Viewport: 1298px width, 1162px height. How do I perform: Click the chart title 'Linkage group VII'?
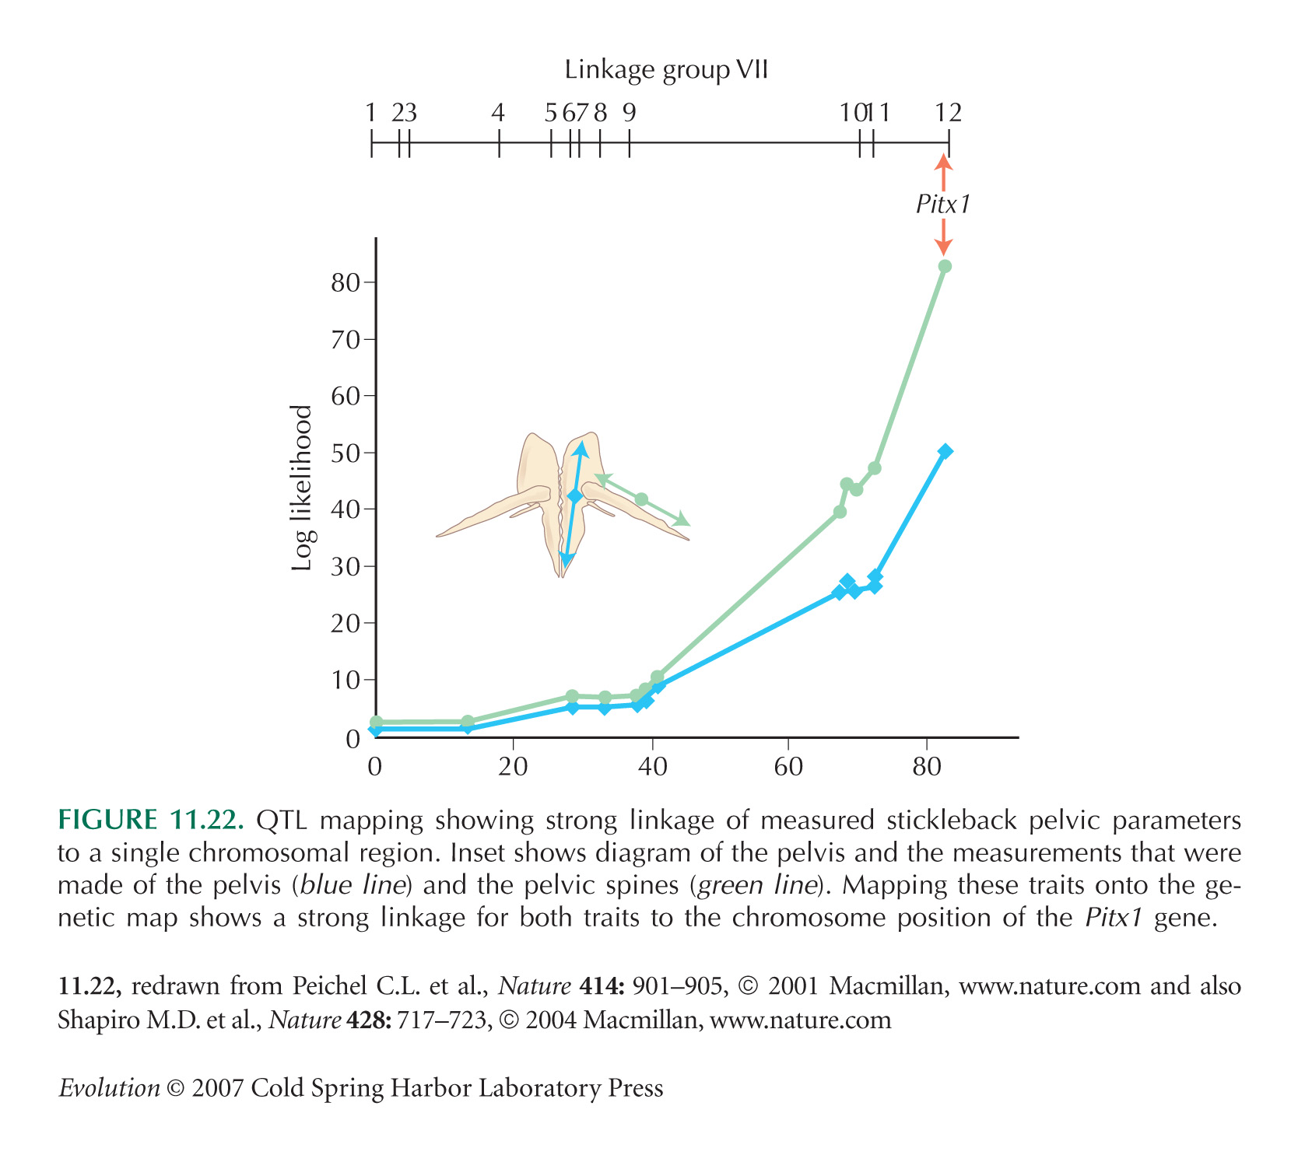click(x=666, y=71)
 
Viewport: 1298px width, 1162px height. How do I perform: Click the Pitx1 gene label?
click(x=943, y=205)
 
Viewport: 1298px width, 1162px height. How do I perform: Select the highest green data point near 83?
click(x=945, y=267)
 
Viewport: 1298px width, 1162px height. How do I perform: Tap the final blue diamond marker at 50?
click(x=945, y=452)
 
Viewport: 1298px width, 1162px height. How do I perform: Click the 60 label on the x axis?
click(x=788, y=768)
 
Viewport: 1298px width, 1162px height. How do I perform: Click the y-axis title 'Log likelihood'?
click(x=302, y=488)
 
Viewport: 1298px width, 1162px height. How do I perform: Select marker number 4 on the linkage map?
click(x=498, y=114)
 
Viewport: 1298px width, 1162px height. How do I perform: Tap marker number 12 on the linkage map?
click(x=948, y=114)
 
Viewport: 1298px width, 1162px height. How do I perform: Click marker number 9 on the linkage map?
click(x=629, y=114)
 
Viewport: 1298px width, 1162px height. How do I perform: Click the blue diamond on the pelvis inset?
click(x=575, y=496)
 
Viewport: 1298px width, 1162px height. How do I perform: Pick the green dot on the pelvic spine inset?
click(x=641, y=499)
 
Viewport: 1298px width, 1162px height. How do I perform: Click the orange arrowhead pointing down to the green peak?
click(x=943, y=247)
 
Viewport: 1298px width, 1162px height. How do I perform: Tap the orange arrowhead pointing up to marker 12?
click(x=943, y=162)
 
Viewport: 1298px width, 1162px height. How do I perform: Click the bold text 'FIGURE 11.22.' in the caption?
click(x=152, y=821)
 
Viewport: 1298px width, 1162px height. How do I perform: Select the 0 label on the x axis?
click(x=375, y=768)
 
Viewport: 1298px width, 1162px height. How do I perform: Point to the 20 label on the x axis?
click(x=514, y=768)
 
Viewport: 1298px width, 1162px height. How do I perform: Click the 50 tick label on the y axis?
click(x=346, y=453)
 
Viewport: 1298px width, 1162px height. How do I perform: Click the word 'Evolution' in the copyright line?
click(x=109, y=1087)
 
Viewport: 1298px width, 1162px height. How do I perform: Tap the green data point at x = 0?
click(x=376, y=723)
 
